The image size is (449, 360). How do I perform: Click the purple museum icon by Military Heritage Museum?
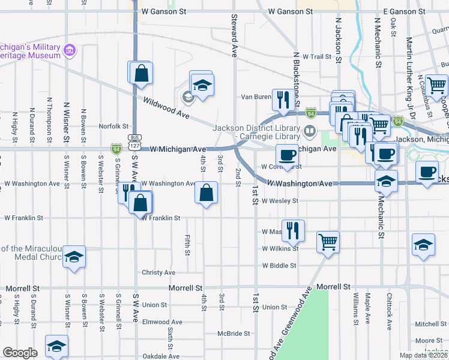tap(71, 50)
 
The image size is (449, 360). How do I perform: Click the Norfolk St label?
tap(114, 127)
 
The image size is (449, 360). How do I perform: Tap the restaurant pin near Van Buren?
tap(282, 99)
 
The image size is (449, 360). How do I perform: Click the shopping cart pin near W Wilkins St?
tap(328, 242)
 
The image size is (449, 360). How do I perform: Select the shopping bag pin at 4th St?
tap(206, 193)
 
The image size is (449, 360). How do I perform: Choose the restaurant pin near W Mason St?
tap(293, 230)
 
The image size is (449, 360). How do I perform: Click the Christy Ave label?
tap(158, 272)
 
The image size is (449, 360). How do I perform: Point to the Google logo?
tap(20, 353)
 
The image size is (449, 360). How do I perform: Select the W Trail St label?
tap(317, 57)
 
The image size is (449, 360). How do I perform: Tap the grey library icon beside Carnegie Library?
tap(310, 130)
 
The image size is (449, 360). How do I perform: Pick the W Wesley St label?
tap(280, 201)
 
